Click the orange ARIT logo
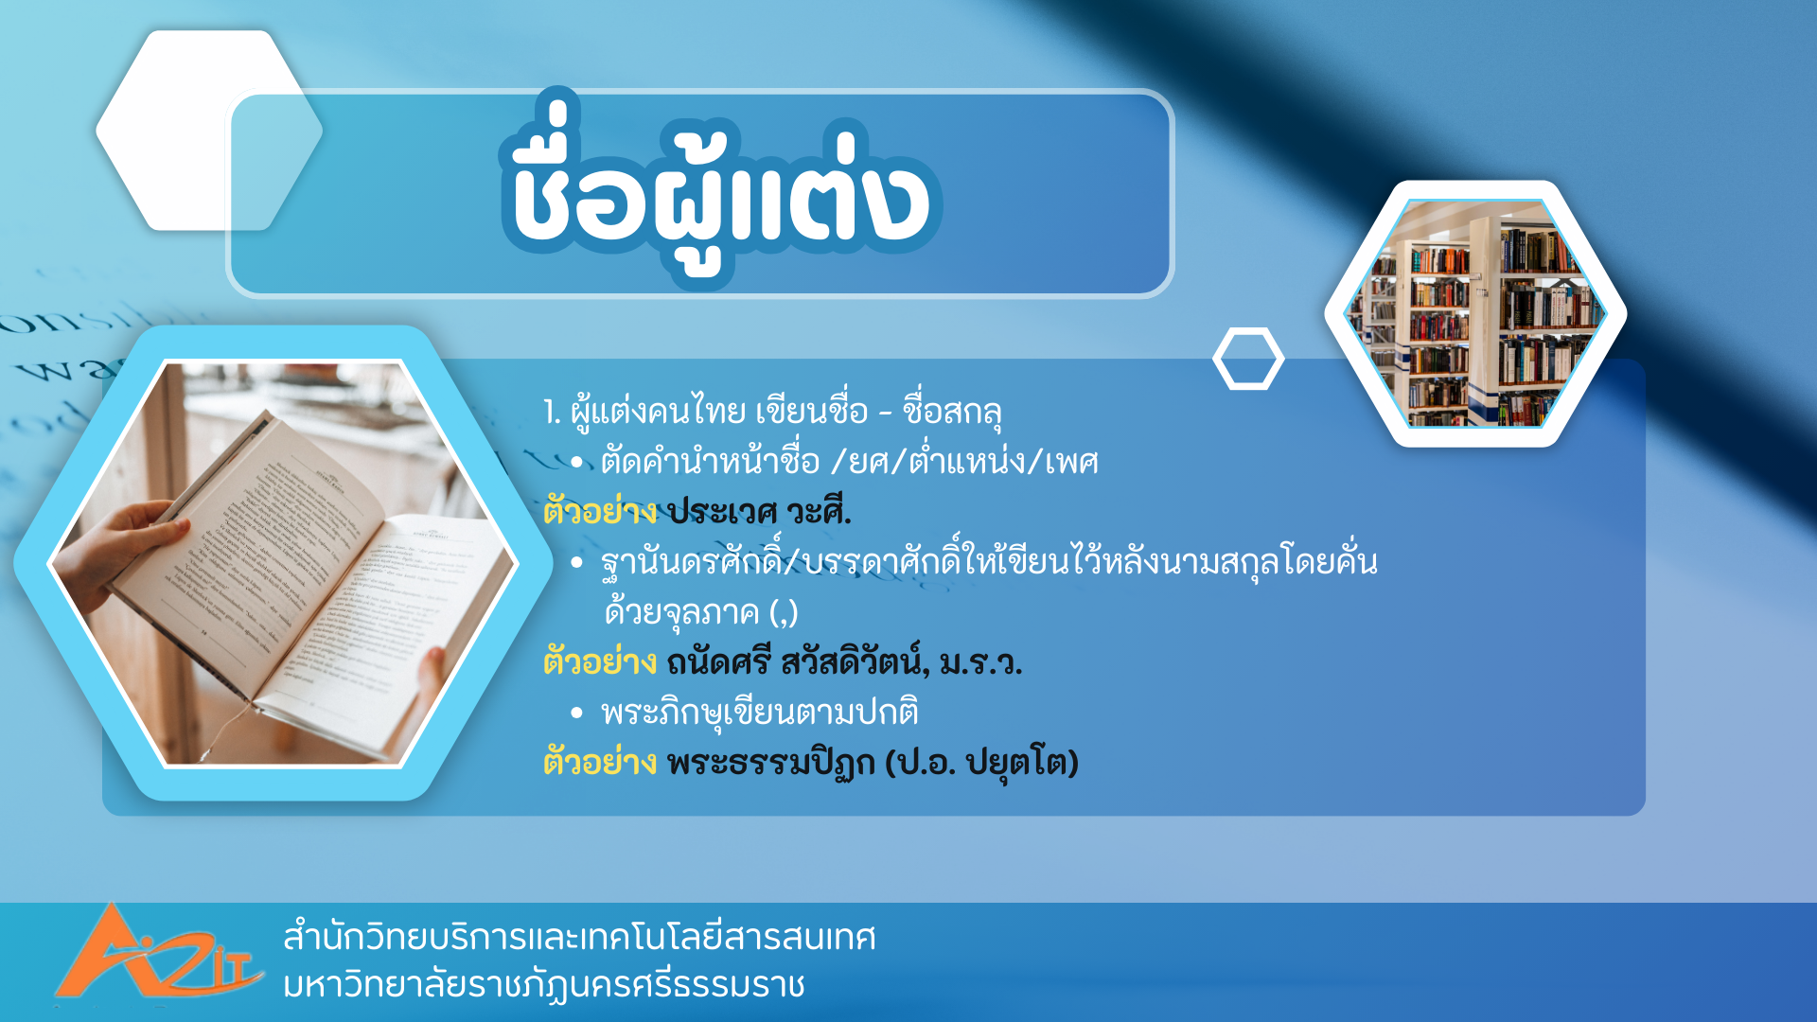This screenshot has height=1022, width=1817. tap(157, 954)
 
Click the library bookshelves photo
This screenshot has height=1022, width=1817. tap(1475, 313)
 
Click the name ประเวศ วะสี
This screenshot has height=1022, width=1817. tap(759, 512)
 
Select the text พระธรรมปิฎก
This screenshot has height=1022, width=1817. tap(771, 763)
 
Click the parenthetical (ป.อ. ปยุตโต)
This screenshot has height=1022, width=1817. tap(982, 763)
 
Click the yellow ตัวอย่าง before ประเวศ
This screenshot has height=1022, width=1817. tap(600, 512)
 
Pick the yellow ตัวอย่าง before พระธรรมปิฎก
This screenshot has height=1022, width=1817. tap(600, 762)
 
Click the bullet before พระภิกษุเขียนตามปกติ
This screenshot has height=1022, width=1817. tap(577, 713)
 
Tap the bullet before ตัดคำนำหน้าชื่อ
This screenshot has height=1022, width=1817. tap(577, 463)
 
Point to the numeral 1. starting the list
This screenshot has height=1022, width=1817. tap(552, 412)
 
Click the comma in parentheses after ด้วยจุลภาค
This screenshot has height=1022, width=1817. tap(785, 613)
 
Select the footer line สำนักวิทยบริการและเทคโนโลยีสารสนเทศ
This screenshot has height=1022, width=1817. tap(579, 937)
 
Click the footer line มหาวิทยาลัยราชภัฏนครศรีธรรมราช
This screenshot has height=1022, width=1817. tap(544, 984)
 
